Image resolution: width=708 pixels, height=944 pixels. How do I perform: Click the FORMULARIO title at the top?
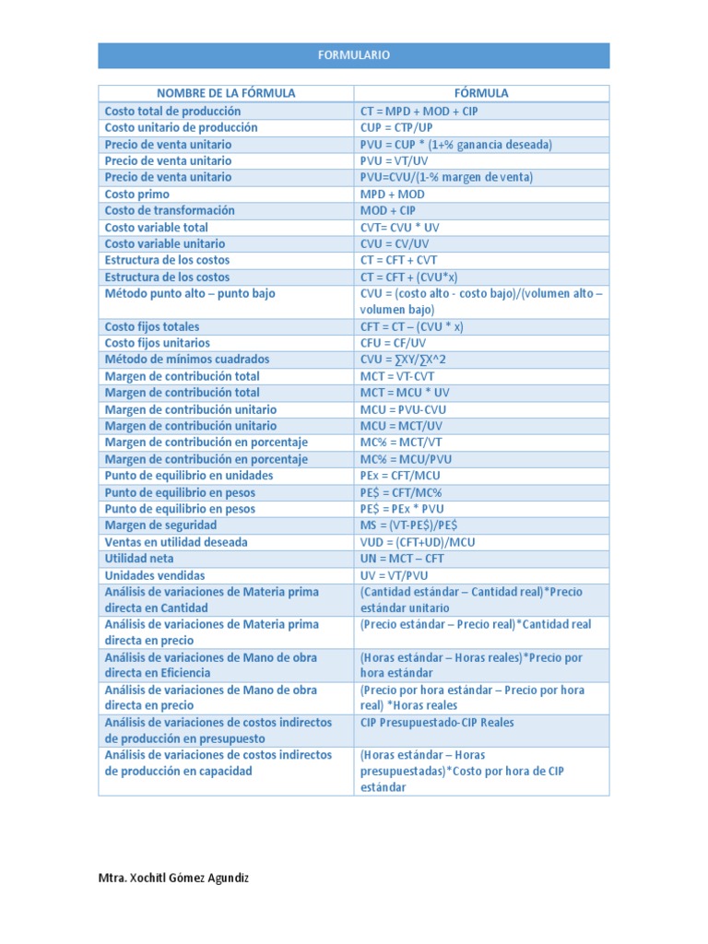354,55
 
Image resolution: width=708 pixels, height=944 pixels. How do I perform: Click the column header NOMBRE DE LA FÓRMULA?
226,93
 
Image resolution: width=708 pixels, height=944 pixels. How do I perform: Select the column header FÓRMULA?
481,93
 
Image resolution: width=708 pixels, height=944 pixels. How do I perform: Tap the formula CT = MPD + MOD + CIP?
419,111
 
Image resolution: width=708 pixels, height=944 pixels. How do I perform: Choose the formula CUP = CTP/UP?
398,127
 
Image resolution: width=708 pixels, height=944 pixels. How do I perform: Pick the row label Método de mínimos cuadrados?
187,360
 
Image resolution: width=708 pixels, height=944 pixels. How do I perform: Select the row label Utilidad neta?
139,559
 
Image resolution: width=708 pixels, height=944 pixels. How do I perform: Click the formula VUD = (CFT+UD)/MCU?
418,542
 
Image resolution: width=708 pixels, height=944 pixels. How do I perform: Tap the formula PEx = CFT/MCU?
400,476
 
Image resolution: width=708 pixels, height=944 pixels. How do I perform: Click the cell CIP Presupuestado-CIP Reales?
437,723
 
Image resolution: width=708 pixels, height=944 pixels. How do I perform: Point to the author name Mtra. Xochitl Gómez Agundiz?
173,879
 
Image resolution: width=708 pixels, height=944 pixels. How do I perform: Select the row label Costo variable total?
156,227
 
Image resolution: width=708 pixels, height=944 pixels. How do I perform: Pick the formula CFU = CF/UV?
395,343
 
